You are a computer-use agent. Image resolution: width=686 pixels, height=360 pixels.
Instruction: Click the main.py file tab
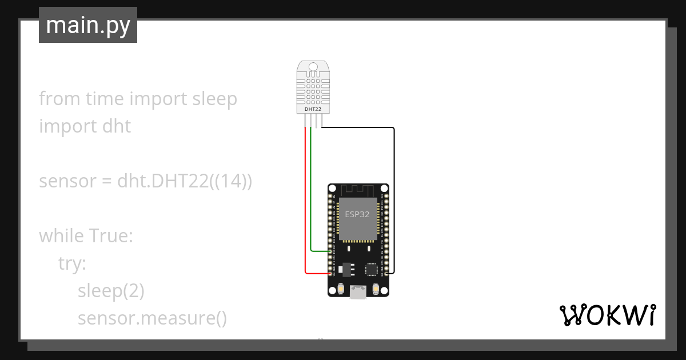(88, 25)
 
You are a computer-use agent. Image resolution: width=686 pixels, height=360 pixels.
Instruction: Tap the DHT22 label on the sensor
(313, 109)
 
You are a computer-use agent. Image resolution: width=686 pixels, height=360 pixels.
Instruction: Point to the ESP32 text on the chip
(357, 215)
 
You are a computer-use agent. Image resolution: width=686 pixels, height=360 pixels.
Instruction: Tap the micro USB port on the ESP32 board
(358, 293)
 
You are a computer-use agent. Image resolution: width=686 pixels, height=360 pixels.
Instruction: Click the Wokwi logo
(607, 315)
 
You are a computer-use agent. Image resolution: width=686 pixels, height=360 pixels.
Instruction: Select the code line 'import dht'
(85, 126)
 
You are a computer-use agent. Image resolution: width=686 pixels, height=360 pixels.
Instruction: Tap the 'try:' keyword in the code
(72, 263)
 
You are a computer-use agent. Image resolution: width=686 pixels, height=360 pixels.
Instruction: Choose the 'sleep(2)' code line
(111, 291)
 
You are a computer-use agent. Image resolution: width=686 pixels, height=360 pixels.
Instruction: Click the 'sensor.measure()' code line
(152, 318)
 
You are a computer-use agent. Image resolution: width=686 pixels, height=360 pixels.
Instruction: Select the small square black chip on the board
(372, 268)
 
